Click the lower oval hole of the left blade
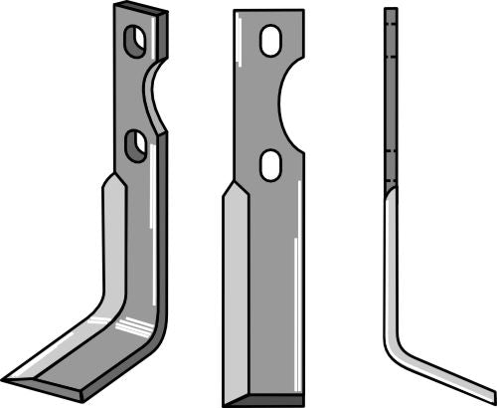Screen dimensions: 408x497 (x=136, y=145)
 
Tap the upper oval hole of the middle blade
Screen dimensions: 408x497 (x=269, y=42)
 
